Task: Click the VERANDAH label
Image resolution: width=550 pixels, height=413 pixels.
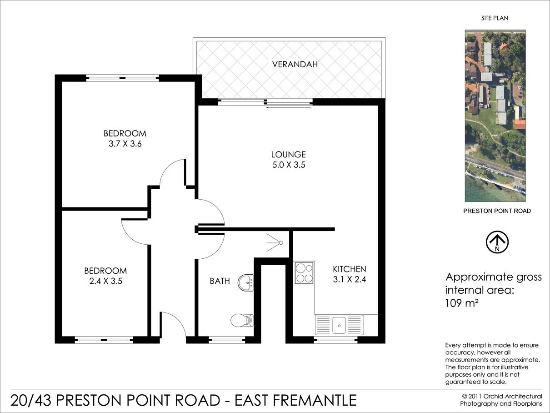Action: coord(295,64)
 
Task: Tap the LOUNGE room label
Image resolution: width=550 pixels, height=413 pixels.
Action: coord(288,155)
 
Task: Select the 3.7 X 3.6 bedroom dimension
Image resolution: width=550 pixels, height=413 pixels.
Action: coord(125,144)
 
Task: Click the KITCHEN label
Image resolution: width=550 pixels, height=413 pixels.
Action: coord(349,269)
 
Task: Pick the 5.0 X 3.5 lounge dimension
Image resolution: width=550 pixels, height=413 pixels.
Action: coord(288,165)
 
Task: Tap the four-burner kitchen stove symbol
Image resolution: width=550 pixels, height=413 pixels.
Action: coord(304,272)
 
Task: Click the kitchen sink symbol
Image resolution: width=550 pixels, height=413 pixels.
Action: coord(339,325)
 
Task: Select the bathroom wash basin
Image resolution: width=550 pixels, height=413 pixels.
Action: coord(246,282)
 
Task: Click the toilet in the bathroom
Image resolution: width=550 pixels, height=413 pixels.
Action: coord(241,320)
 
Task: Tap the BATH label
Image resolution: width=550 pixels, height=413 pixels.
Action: coord(220,281)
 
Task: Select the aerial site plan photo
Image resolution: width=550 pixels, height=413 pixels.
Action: coord(495,116)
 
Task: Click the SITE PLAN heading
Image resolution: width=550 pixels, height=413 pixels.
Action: coord(495,18)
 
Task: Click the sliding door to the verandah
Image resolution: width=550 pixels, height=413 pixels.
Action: coord(266,103)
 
